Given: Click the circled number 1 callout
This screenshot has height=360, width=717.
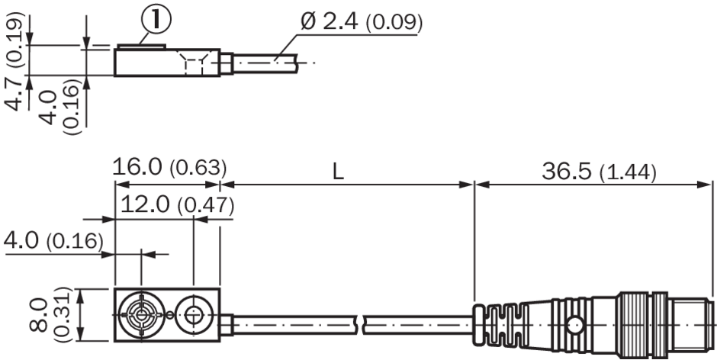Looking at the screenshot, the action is pos(156,21).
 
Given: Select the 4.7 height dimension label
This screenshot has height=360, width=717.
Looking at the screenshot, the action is pos(15,95).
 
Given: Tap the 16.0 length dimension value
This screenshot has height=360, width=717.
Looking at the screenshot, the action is pos(137,168).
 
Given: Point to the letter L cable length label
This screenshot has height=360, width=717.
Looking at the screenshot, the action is pos(337,172).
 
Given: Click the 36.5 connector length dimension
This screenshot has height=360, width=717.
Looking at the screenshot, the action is pos(567,172).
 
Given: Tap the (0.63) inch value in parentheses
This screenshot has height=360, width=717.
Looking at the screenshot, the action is pos(198,169).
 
